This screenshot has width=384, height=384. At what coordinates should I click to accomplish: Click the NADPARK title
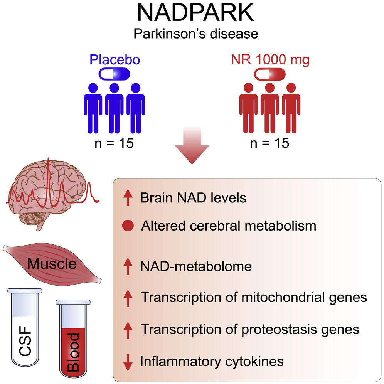pyautogui.click(x=195, y=13)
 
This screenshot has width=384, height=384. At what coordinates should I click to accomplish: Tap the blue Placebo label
pyautogui.click(x=115, y=60)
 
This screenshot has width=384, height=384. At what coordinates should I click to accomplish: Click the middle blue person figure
pyautogui.click(x=115, y=108)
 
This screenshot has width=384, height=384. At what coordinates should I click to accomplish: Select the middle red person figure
pyautogui.click(x=269, y=108)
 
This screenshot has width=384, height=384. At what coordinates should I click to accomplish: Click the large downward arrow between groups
pyautogui.click(x=192, y=148)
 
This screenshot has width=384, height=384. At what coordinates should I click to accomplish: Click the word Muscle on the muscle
pyautogui.click(x=52, y=264)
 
